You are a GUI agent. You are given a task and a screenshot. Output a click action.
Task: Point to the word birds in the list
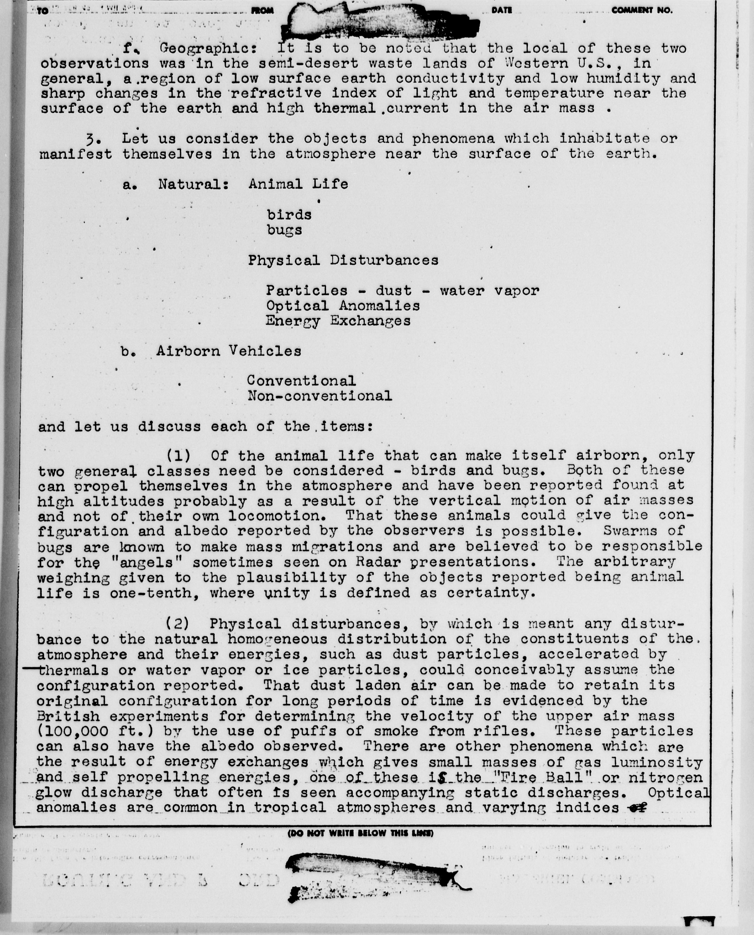pyautogui.click(x=289, y=215)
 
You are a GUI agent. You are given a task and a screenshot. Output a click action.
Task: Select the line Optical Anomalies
pyautogui.click(x=343, y=306)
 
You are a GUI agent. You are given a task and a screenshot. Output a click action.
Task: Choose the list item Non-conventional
pyautogui.click(x=320, y=396)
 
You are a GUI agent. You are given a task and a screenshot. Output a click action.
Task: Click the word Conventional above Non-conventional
pyautogui.click(x=301, y=381)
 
